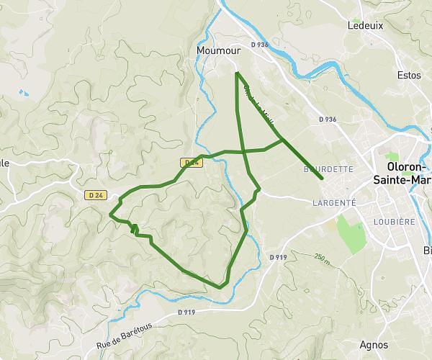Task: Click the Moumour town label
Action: (x=217, y=51)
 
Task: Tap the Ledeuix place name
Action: (x=366, y=24)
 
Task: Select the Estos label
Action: (x=408, y=74)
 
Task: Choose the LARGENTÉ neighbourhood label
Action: (x=334, y=203)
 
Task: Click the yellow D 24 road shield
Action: (x=191, y=163)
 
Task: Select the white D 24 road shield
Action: (x=95, y=194)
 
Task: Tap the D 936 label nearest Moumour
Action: (x=259, y=45)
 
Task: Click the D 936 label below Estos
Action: (x=327, y=119)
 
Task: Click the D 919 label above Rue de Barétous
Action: (x=186, y=312)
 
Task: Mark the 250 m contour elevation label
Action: (x=323, y=257)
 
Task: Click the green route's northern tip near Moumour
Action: (x=237, y=73)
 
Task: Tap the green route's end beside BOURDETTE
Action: (x=322, y=178)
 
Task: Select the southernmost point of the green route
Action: (x=220, y=287)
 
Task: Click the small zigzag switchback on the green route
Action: (x=135, y=229)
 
